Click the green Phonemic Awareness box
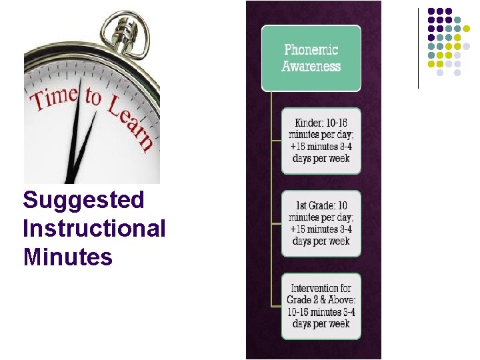pyautogui.click(x=311, y=59)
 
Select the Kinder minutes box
pyautogui.click(x=321, y=141)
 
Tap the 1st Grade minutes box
pyautogui.click(x=321, y=223)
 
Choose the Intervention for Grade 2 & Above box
pyautogui.click(x=321, y=306)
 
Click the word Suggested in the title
pyautogui.click(x=83, y=199)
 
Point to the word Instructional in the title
pyautogui.click(x=94, y=228)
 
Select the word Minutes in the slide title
pyautogui.click(x=68, y=257)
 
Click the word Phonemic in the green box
pyautogui.click(x=311, y=50)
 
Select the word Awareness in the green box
pyautogui.click(x=311, y=67)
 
